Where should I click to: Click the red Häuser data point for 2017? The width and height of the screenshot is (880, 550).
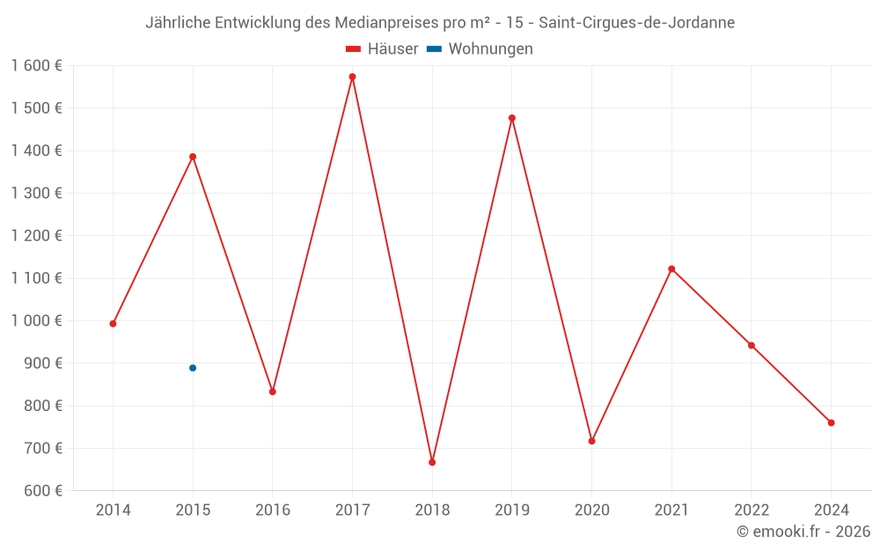[352, 77]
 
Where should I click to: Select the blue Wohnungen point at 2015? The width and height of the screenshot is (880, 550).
[193, 368]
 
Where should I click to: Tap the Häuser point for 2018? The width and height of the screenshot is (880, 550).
[432, 462]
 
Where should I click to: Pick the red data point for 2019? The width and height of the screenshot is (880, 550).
[512, 118]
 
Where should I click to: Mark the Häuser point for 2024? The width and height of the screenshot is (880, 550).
[831, 422]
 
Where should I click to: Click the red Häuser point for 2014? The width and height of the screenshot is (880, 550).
[113, 324]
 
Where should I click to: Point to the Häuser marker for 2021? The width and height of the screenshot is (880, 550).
[671, 269]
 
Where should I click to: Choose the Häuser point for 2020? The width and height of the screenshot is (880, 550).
[591, 441]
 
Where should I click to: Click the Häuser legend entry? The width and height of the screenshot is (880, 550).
[382, 49]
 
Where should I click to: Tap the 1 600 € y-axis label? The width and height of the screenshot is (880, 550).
[37, 66]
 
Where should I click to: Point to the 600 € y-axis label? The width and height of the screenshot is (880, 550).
[42, 491]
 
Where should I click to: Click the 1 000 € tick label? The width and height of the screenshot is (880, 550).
[37, 321]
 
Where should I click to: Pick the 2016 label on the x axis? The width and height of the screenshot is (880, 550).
[273, 510]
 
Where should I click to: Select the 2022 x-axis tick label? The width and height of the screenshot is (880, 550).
[751, 510]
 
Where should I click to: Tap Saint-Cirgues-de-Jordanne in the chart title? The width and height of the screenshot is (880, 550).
[636, 23]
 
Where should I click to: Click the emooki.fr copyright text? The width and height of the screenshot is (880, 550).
[803, 532]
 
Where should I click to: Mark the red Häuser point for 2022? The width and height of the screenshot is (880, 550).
[751, 345]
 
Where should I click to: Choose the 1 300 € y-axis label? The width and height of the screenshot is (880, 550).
[37, 194]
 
